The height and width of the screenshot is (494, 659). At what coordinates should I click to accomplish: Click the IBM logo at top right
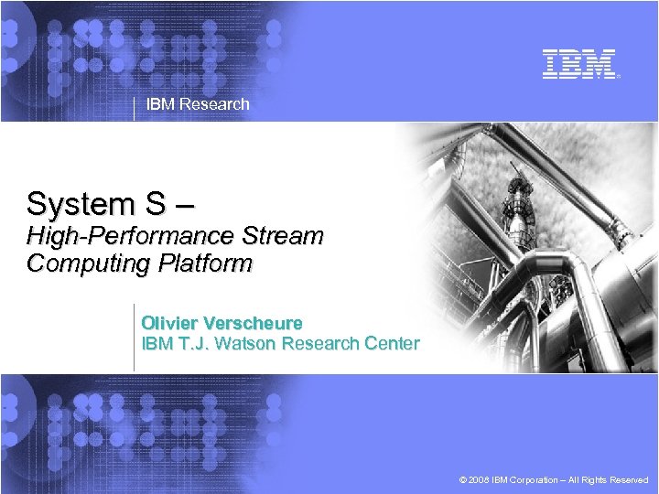tap(578, 64)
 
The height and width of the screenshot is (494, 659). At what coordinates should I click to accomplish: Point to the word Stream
tap(283, 236)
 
